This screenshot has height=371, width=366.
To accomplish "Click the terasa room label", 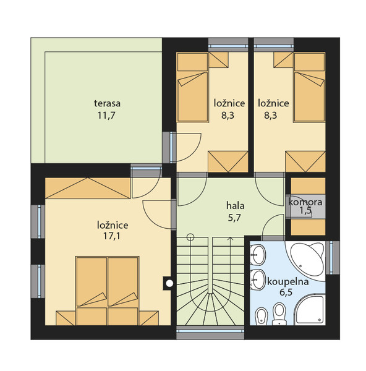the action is (107, 103).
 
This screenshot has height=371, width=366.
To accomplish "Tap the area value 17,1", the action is (111, 236).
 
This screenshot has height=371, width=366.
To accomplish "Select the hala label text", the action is (235, 206).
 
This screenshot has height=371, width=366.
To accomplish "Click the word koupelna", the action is (287, 282).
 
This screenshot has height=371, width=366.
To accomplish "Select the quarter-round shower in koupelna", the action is (310, 309).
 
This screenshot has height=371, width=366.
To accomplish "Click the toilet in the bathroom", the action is (279, 313).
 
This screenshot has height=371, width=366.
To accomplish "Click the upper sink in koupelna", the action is (258, 255).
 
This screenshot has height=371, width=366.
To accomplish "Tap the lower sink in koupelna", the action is (258, 279).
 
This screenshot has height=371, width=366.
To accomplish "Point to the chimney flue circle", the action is (169, 283).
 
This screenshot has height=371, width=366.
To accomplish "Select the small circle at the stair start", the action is (190, 237).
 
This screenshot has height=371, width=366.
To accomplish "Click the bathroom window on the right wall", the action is (333, 258).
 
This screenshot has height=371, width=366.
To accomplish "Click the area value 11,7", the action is (106, 116).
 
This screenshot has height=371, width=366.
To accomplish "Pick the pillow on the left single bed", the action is (192, 62).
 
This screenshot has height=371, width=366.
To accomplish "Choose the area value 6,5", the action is (286, 292).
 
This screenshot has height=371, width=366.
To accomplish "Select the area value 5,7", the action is (234, 218).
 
